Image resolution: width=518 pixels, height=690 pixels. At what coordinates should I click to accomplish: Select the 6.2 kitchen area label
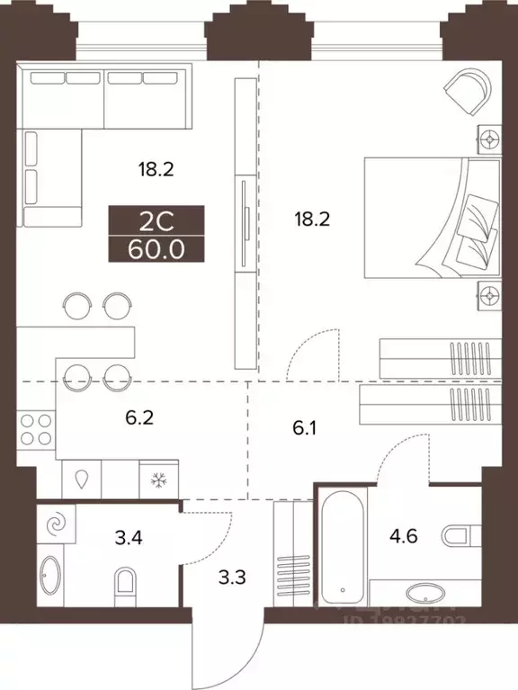[139, 417]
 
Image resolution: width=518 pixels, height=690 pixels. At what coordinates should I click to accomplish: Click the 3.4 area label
[109, 540]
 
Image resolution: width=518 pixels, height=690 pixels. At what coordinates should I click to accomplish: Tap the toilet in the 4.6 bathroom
[461, 538]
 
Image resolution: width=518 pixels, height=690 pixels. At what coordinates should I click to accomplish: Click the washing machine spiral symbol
[57, 523]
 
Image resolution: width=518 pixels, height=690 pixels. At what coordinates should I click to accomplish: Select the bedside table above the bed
[488, 140]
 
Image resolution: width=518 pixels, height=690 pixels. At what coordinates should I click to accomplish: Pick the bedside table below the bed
[488, 293]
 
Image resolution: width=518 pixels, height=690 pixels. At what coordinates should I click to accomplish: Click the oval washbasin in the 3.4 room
[49, 576]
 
